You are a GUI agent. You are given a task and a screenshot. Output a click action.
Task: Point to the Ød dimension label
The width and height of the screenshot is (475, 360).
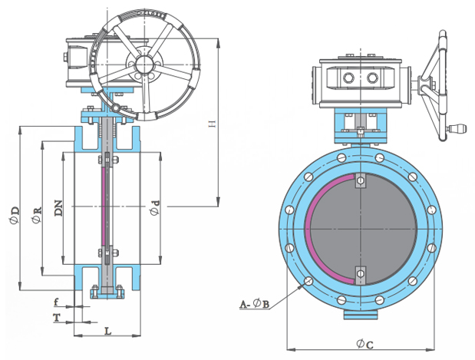tap(156, 208)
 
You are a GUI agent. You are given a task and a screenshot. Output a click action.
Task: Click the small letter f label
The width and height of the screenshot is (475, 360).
tap(57, 303)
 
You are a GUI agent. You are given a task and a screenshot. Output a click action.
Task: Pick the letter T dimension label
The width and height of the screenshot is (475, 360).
tap(57, 316)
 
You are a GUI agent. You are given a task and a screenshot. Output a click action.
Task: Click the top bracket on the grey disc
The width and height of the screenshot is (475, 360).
tap(359, 182)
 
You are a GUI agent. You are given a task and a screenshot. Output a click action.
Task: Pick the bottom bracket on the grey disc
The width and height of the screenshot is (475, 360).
tap(359, 274)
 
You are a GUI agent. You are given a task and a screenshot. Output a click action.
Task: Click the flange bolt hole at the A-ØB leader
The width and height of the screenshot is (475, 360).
tap(306, 281)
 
